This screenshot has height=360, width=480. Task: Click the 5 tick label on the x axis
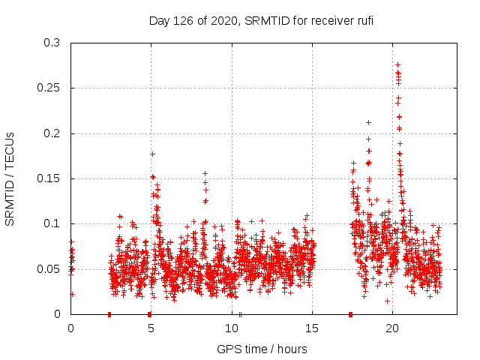pos(151,328)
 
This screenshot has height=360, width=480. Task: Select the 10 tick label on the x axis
pos(232,328)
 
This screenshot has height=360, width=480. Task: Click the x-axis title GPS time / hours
pos(262,349)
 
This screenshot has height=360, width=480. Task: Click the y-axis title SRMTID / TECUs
pos(10,178)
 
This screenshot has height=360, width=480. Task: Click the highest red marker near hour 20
pos(397,64)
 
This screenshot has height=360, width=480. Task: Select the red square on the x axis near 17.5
pos(351,314)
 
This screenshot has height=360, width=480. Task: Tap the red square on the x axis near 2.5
pos(109,314)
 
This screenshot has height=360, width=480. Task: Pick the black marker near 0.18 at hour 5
pos(152,154)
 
